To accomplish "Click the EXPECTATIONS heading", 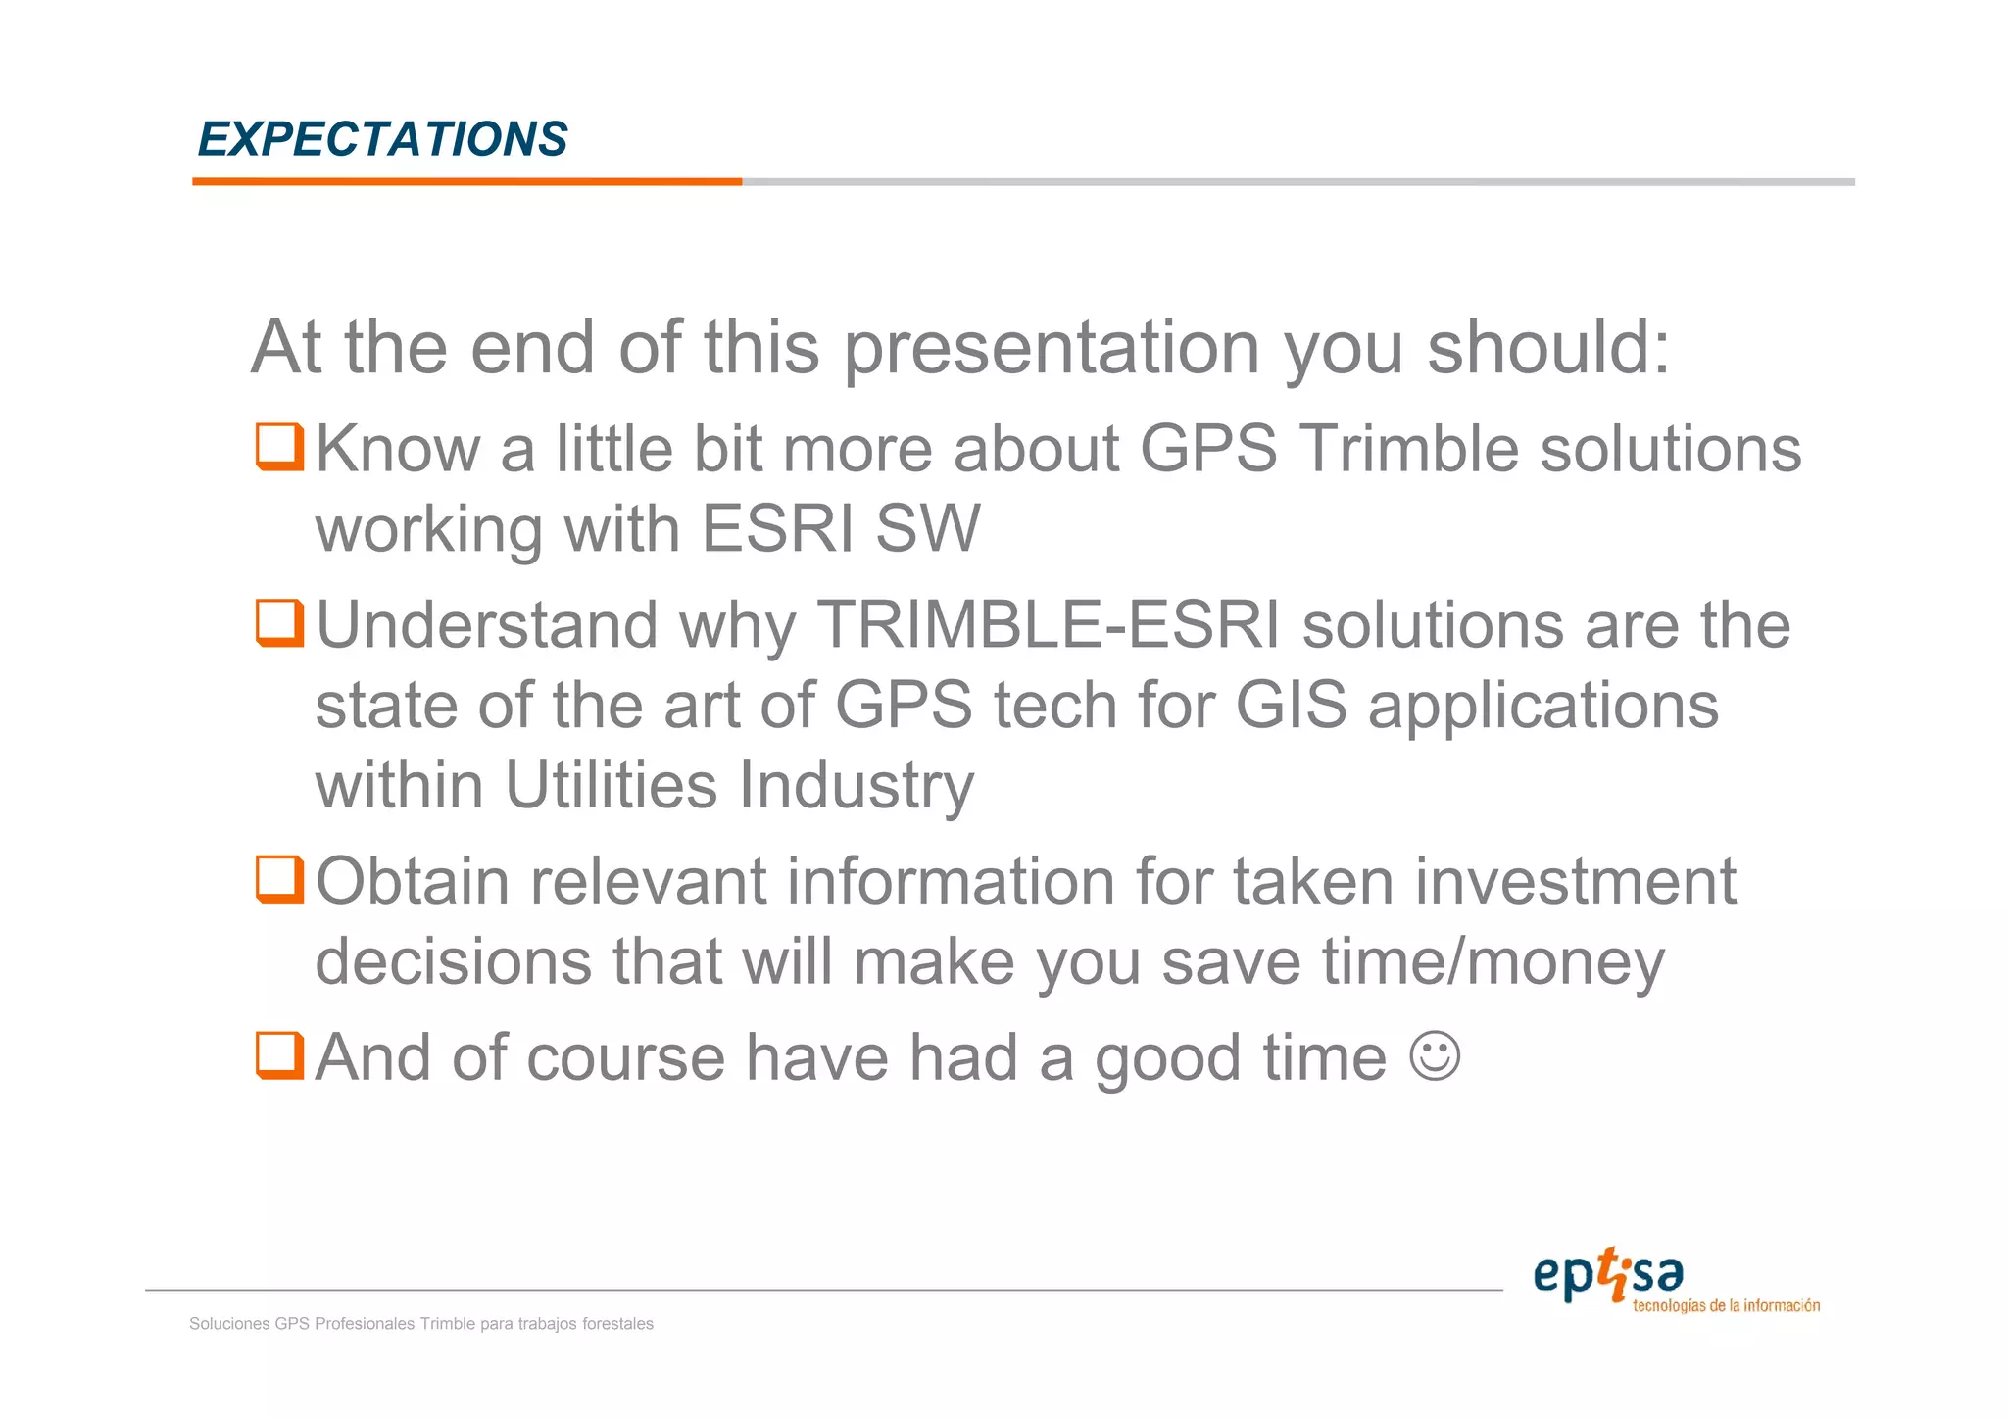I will [x=382, y=139].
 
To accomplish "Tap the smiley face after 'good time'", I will [x=1435, y=1056].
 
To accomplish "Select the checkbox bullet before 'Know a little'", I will [x=279, y=447].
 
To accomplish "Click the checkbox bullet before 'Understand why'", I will [x=279, y=623].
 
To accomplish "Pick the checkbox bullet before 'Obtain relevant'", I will [x=279, y=879].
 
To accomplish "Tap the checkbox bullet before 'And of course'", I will [x=279, y=1055].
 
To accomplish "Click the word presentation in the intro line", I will [x=1051, y=349].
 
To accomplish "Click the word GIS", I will [x=1291, y=706].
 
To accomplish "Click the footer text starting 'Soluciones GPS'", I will [x=420, y=1324].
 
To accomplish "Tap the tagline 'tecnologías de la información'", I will [x=1726, y=1306].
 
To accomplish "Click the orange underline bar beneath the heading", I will [x=466, y=181].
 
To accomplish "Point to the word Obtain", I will [x=413, y=881].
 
